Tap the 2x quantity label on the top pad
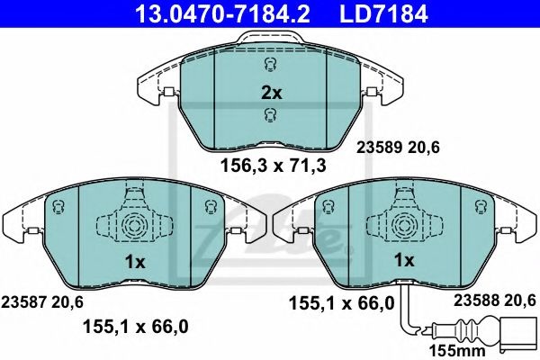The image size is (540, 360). pos(271,92)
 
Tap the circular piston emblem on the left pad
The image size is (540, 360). pos(134,224)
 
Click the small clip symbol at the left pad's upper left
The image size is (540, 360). pos(58,209)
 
